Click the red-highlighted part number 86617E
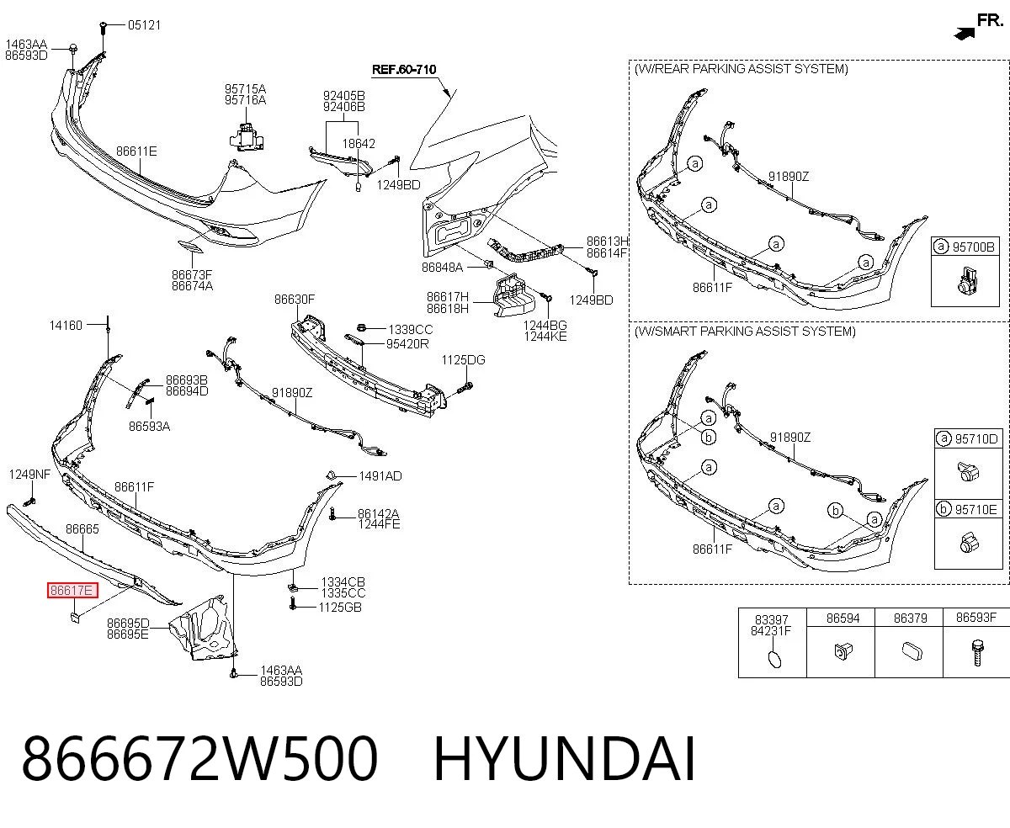(72, 591)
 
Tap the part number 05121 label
(144, 25)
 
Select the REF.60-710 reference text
(404, 70)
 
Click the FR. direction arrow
(965, 33)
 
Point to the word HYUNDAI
(564, 759)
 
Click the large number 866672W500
(199, 759)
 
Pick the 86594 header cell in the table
(843, 618)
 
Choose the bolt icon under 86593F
(977, 653)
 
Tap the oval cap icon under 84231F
(774, 659)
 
